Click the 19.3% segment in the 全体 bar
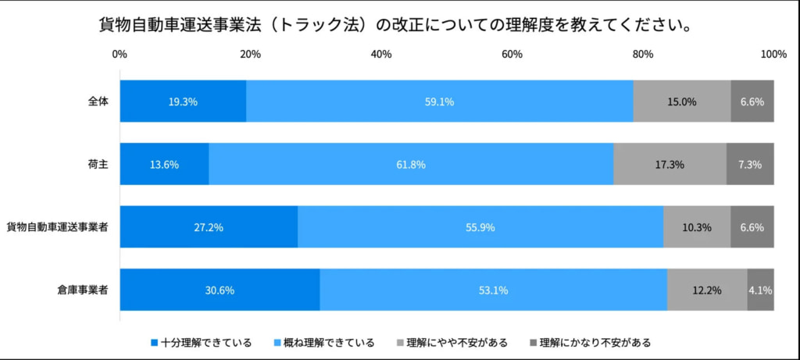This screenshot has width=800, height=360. (183, 101)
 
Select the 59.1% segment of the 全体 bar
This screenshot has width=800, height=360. (439, 101)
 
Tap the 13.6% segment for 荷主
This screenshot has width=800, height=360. (164, 164)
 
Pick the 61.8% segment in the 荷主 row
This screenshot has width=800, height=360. (411, 164)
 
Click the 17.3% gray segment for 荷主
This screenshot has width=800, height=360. (670, 164)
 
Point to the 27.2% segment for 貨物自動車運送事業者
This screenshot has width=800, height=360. (209, 227)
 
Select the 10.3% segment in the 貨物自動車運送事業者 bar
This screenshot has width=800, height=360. (696, 227)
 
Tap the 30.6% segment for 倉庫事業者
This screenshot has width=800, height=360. (220, 290)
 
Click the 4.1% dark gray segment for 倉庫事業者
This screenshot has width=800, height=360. (760, 290)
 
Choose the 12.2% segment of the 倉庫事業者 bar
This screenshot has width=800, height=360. (707, 290)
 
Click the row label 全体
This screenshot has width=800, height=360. (98, 101)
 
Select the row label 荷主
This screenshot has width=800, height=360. (98, 164)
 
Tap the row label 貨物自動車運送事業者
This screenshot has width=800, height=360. (58, 227)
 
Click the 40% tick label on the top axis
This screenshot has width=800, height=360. (381, 54)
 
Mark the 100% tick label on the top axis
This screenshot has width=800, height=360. (773, 54)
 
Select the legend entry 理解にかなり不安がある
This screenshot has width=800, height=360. (595, 342)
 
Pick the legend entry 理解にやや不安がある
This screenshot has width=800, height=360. (458, 342)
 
